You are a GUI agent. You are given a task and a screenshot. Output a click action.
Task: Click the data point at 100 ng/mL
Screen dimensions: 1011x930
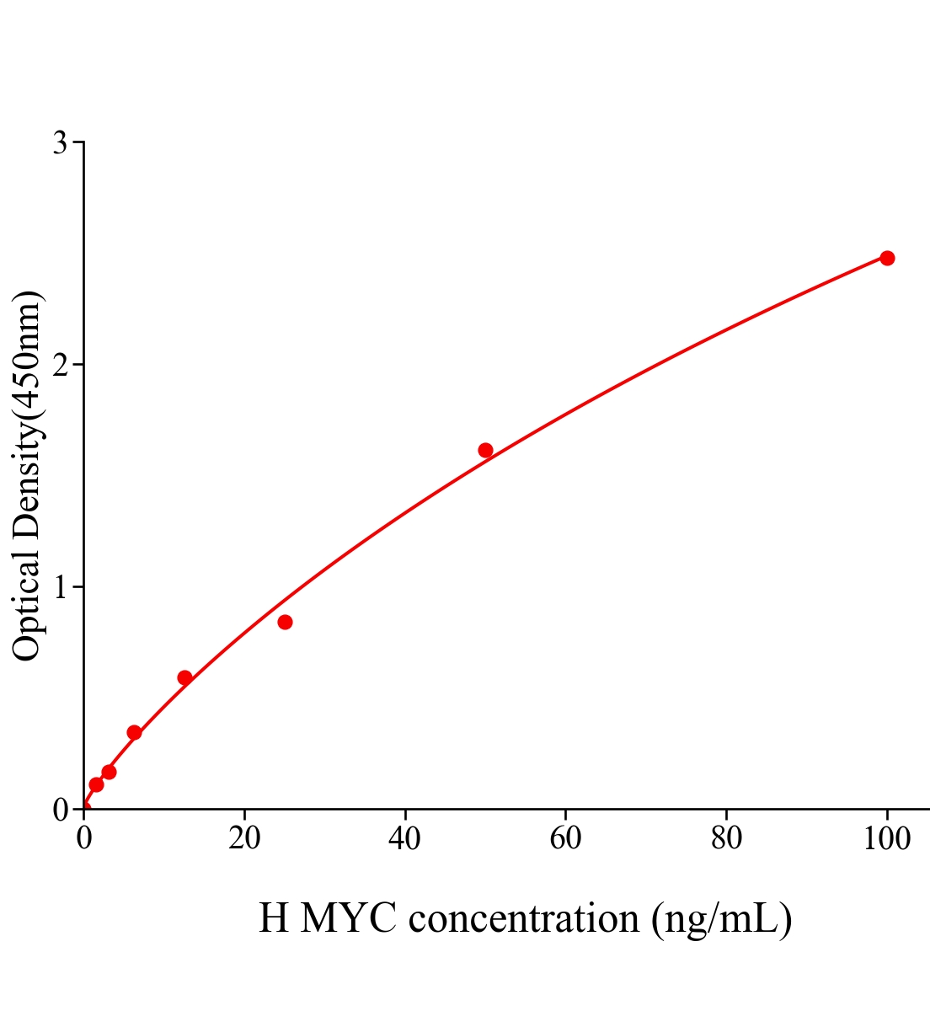click(x=886, y=258)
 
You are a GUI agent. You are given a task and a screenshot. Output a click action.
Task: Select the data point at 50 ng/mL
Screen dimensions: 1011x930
click(x=485, y=450)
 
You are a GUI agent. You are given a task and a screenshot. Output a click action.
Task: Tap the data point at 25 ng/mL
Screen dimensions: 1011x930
click(x=285, y=623)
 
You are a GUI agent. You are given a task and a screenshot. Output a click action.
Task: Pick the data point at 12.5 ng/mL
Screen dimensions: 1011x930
click(x=184, y=677)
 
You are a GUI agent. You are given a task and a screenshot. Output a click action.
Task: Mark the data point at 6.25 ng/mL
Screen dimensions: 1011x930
click(x=134, y=732)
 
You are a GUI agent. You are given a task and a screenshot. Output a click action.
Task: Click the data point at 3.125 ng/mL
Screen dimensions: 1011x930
click(x=109, y=772)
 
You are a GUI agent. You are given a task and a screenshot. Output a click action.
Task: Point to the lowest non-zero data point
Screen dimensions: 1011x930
click(x=96, y=784)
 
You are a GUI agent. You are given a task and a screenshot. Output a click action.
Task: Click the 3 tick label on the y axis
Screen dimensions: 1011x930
click(x=60, y=143)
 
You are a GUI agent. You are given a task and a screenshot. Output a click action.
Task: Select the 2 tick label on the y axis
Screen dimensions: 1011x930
click(x=60, y=365)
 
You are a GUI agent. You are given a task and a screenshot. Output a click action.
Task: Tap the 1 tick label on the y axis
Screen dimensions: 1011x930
click(x=60, y=587)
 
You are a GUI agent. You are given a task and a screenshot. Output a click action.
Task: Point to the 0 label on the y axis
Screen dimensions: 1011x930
click(x=60, y=810)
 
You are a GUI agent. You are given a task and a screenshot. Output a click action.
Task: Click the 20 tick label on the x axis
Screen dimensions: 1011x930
click(x=244, y=839)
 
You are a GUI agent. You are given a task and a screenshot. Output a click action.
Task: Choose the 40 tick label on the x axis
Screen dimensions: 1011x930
click(x=405, y=839)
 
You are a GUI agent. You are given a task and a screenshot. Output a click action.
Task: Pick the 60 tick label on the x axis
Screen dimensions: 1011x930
click(x=565, y=839)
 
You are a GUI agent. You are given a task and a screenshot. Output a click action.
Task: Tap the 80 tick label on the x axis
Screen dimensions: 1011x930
click(x=726, y=839)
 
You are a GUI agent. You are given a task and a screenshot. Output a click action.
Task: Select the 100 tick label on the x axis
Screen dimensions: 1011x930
click(x=886, y=839)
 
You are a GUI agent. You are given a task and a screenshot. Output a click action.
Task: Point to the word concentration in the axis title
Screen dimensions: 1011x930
click(x=524, y=918)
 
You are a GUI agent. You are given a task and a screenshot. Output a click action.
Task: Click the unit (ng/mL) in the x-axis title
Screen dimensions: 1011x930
click(x=721, y=918)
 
